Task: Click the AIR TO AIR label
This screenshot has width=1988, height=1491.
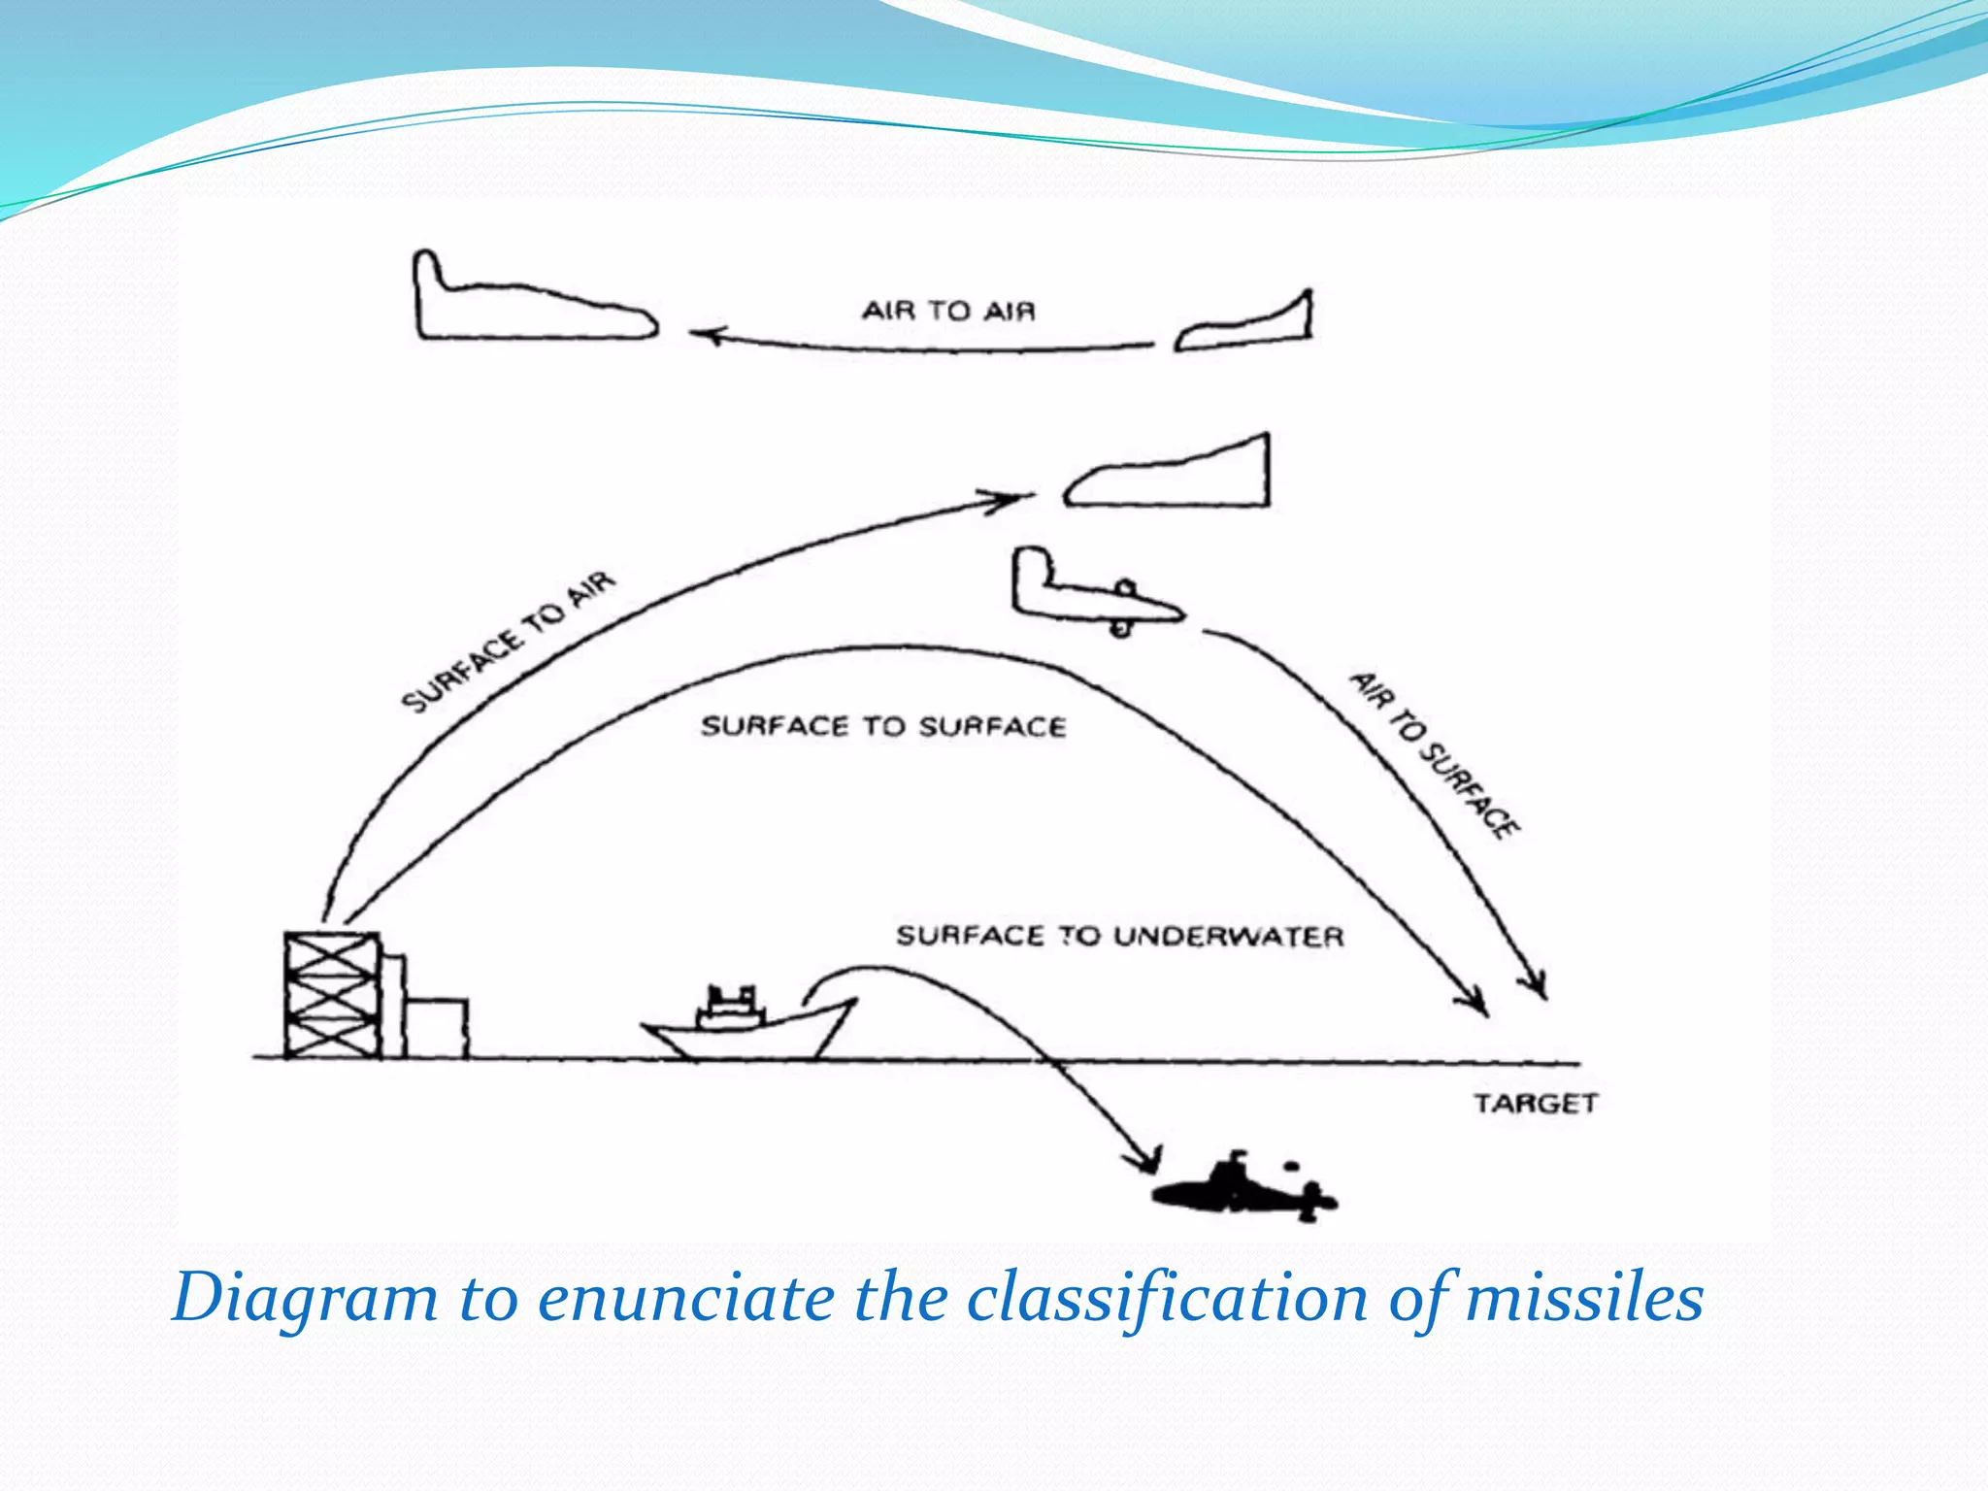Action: pos(948,311)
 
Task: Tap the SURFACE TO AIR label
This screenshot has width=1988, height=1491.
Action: pos(509,641)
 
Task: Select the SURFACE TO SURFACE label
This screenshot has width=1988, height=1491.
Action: pos(883,726)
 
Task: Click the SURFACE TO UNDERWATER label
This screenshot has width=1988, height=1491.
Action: pos(1119,936)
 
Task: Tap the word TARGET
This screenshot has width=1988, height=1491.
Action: pos(1535,1104)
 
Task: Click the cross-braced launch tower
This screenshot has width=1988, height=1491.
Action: pos(331,994)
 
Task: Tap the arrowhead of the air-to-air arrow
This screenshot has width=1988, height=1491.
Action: pos(705,336)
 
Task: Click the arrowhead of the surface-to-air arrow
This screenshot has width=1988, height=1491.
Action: pos(1010,500)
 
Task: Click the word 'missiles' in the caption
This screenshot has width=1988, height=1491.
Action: pos(1584,1298)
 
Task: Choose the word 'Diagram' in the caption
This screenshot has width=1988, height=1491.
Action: pos(304,1298)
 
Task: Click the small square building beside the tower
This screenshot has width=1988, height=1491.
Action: pos(437,1028)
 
